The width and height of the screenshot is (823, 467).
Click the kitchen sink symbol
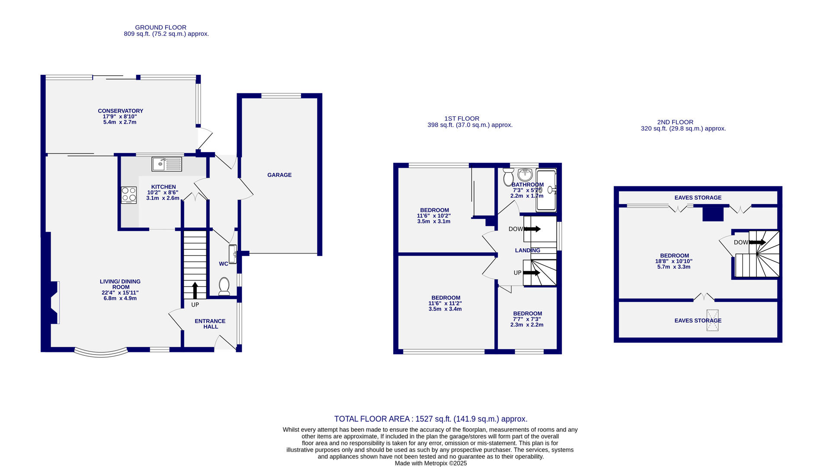(x=167, y=164)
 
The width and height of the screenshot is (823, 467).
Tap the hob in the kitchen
(x=129, y=195)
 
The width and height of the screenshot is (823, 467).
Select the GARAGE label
(x=279, y=175)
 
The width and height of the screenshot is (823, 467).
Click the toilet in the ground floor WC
(x=224, y=286)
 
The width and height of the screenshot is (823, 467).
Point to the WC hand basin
(x=233, y=254)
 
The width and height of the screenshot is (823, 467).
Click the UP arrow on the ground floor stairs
(x=195, y=290)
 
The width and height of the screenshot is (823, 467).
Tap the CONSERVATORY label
(x=120, y=111)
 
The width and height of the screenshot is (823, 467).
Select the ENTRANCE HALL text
(x=210, y=324)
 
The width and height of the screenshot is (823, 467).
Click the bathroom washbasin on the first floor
(x=525, y=175)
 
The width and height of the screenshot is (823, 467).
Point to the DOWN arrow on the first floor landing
(x=532, y=229)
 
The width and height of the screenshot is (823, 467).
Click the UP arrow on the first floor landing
(x=532, y=273)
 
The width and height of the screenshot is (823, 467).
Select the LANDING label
(x=528, y=250)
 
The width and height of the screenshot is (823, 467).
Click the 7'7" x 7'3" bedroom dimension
(x=527, y=319)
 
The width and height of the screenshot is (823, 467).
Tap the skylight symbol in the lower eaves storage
(x=712, y=320)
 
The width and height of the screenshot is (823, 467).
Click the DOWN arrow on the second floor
(x=757, y=243)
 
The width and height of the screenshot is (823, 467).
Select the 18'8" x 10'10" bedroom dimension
(x=674, y=261)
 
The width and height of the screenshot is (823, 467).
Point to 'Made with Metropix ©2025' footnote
(x=431, y=463)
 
